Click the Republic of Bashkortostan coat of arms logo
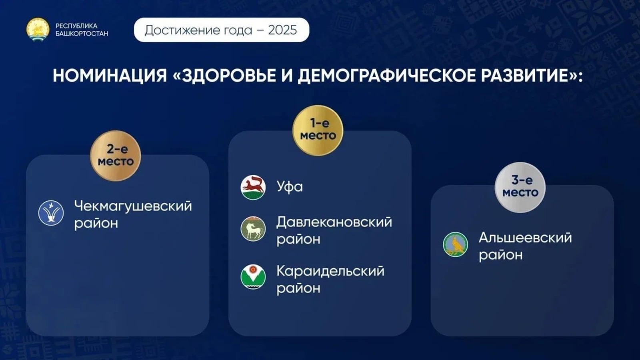(x=38, y=30)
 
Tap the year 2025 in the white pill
(x=282, y=30)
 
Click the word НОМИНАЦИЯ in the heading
(x=110, y=76)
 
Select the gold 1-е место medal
(x=318, y=130)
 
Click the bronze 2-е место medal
(x=116, y=156)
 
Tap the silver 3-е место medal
(x=520, y=187)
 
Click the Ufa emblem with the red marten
(x=253, y=187)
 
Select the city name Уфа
(x=290, y=187)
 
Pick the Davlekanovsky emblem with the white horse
(x=253, y=228)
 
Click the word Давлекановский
(x=334, y=222)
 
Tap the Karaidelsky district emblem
(x=253, y=276)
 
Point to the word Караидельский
(x=330, y=271)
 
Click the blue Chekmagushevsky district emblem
(x=51, y=213)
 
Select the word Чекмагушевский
(x=133, y=206)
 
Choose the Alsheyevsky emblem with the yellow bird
(x=456, y=244)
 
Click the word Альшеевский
(x=526, y=238)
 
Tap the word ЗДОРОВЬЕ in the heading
(x=234, y=76)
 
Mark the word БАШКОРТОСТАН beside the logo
(x=82, y=34)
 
